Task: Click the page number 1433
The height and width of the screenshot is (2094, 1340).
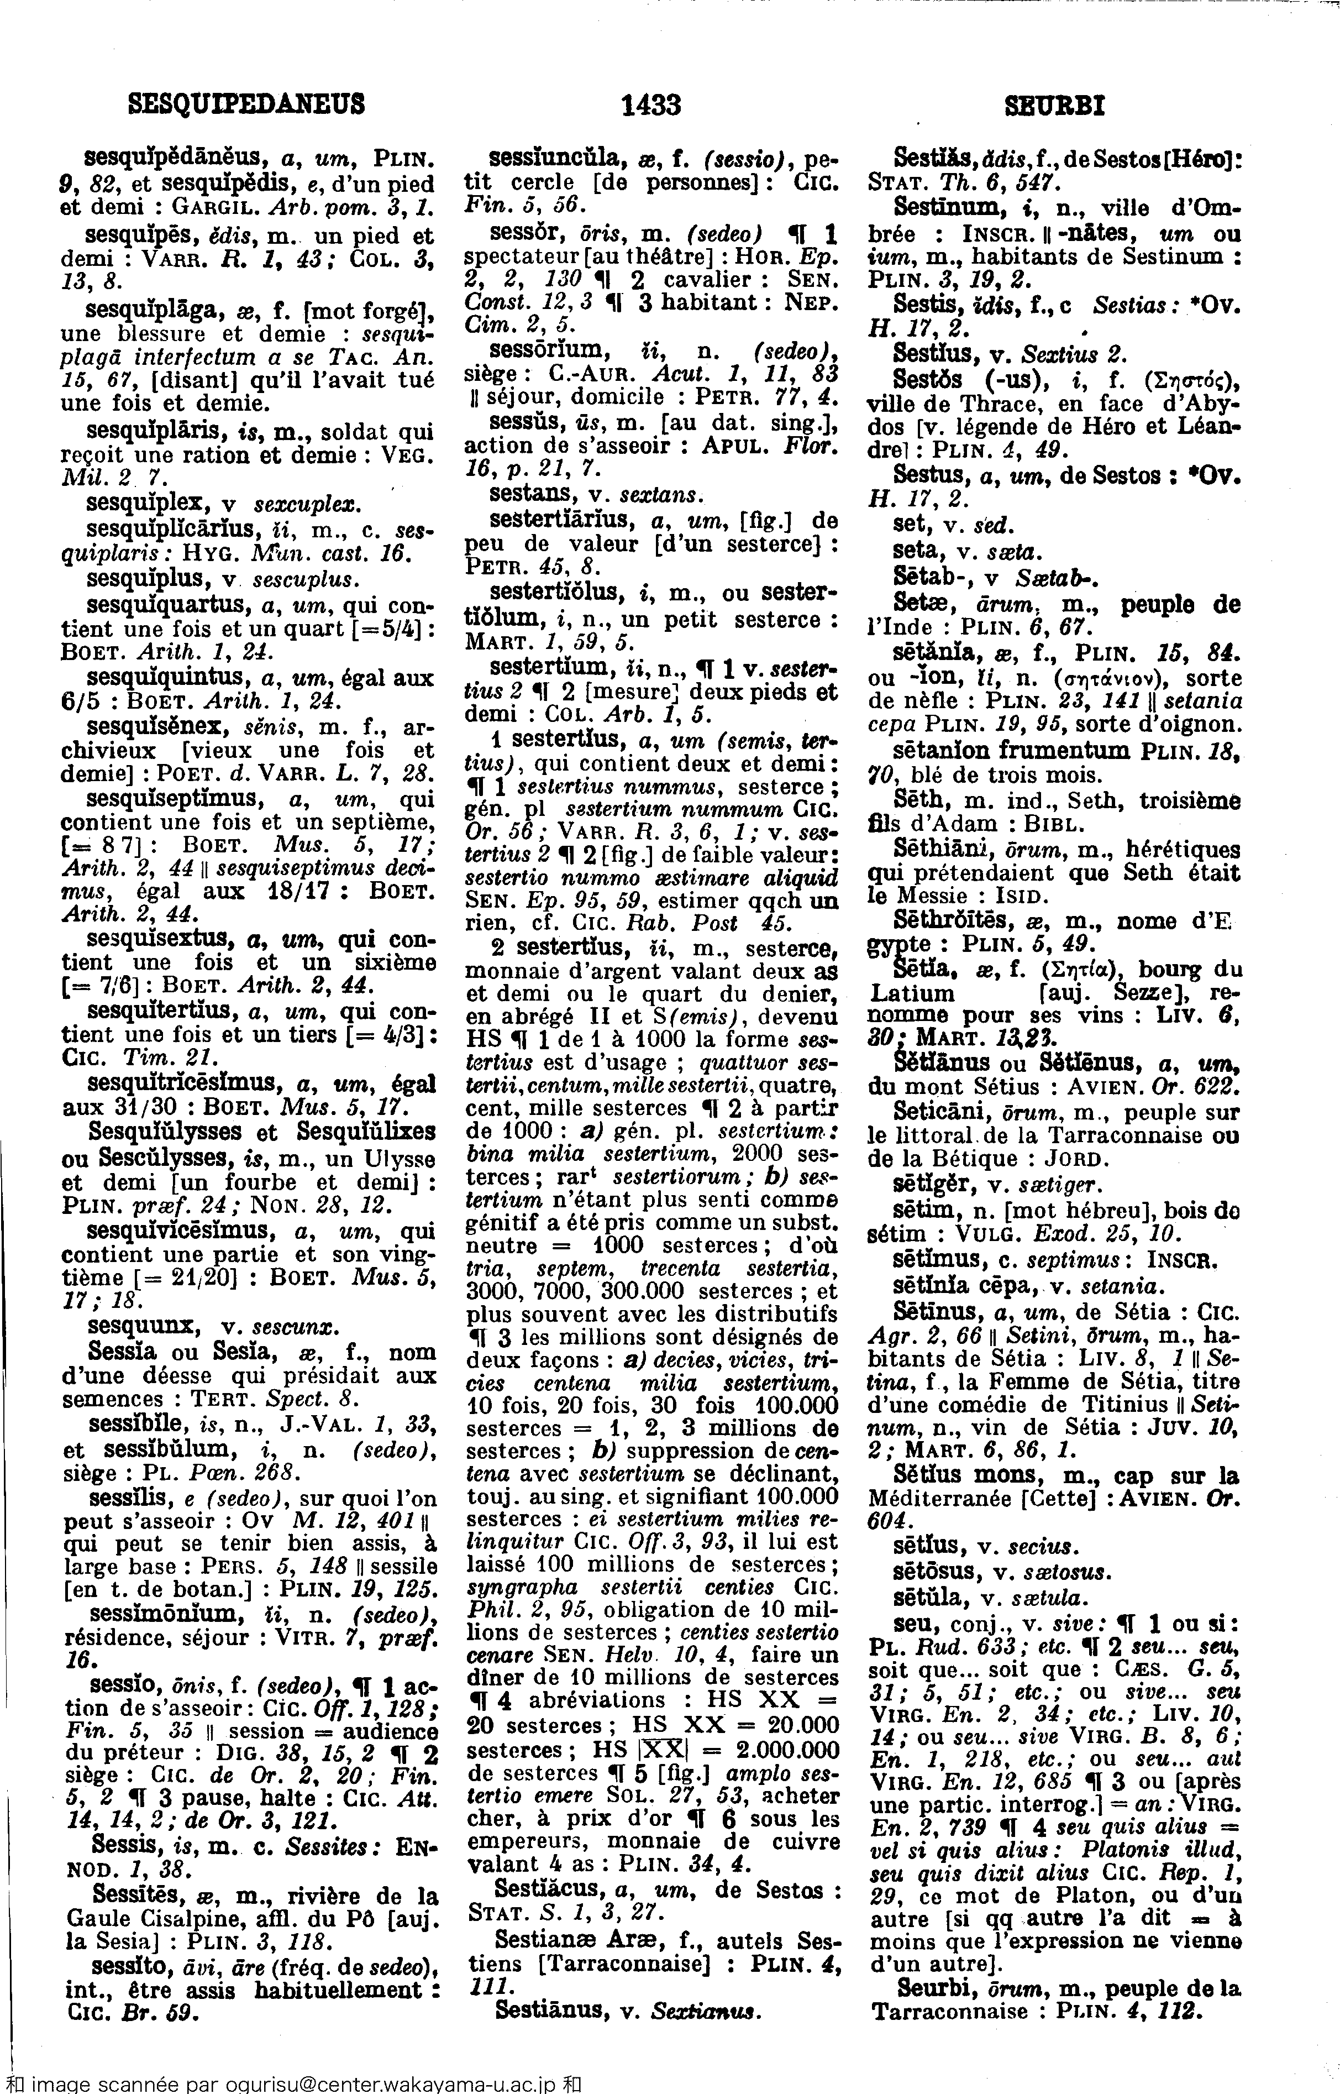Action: coord(651,106)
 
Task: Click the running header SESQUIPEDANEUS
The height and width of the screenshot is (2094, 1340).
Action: coord(246,106)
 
